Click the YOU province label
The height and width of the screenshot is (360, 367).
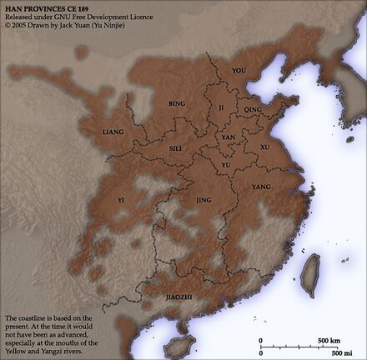click(x=239, y=71)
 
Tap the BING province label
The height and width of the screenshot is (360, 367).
click(x=176, y=104)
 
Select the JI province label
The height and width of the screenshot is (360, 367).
click(x=221, y=108)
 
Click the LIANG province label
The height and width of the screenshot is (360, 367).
click(x=113, y=132)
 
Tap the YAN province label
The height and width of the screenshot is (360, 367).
click(x=227, y=137)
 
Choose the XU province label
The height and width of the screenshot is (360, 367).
click(x=264, y=147)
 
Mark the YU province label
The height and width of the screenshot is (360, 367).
click(x=225, y=165)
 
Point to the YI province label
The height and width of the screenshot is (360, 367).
click(x=121, y=200)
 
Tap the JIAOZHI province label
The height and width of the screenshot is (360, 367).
click(x=178, y=294)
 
